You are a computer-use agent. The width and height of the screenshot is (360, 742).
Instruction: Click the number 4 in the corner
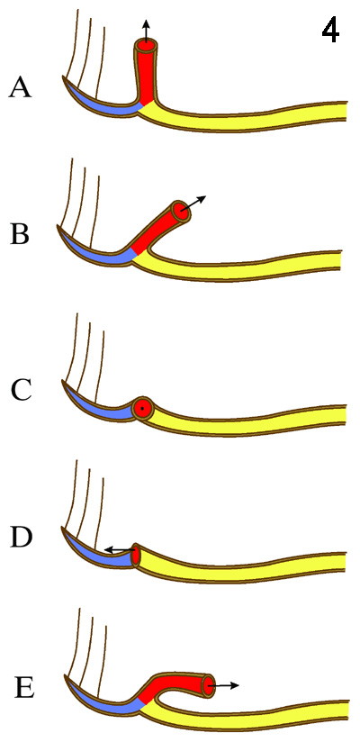330,32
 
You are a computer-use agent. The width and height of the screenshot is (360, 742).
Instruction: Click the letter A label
21,88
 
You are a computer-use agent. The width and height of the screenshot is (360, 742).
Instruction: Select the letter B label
21,236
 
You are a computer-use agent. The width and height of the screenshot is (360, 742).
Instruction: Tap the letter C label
22,392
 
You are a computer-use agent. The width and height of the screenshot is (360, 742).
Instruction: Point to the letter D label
21,539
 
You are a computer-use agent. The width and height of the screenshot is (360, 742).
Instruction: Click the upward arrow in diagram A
146,32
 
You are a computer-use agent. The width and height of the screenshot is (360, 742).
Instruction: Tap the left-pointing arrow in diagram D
120,549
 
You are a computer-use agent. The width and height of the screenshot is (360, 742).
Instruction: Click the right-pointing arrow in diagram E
224,685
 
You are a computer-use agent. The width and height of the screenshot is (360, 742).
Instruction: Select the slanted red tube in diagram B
158,230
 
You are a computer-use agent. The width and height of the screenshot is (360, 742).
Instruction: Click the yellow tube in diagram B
237,265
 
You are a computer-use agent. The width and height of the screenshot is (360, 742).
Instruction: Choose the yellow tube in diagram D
241,562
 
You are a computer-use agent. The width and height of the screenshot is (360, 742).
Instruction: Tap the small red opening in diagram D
136,556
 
